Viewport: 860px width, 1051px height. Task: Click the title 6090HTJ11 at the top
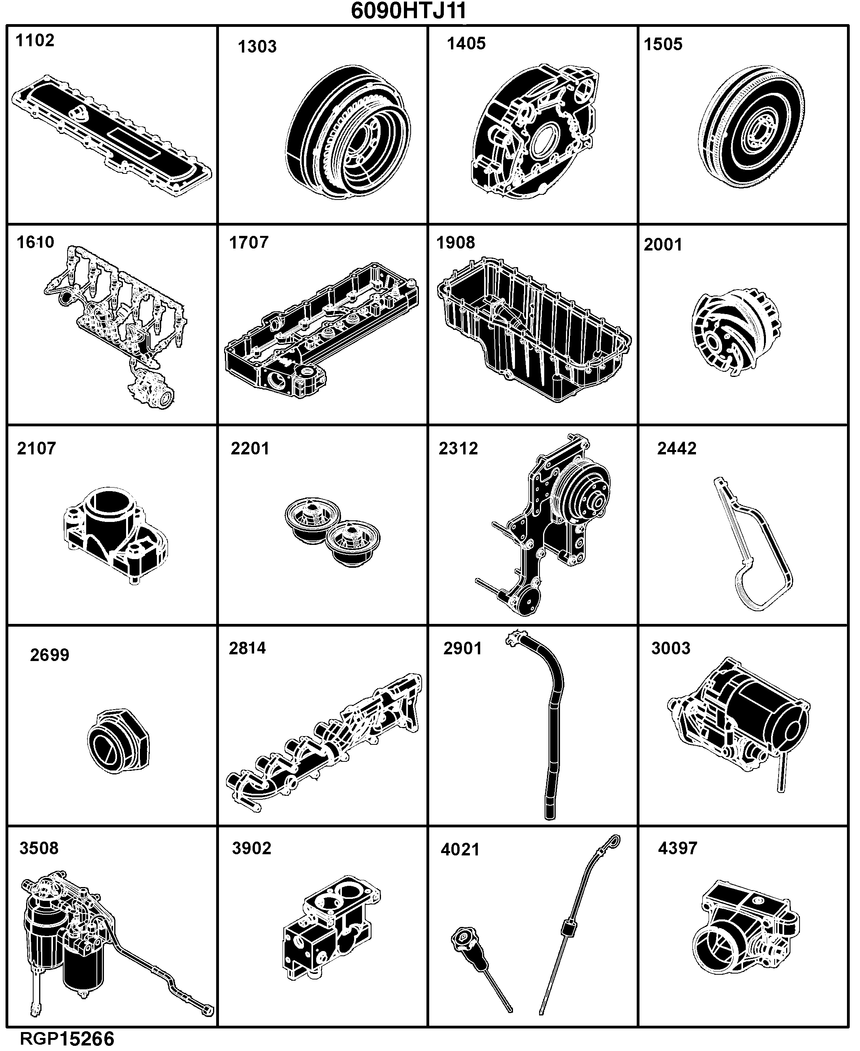pyautogui.click(x=409, y=11)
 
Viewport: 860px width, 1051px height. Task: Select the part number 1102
pyautogui.click(x=35, y=41)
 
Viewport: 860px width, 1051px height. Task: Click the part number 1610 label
pyautogui.click(x=35, y=242)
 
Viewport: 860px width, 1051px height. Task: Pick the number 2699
pyautogui.click(x=49, y=655)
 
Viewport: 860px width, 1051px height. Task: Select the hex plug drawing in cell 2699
pyautogui.click(x=119, y=742)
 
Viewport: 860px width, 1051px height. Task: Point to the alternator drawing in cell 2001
pyautogui.click(x=735, y=331)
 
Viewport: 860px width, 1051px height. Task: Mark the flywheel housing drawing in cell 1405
pyautogui.click(x=535, y=132)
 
